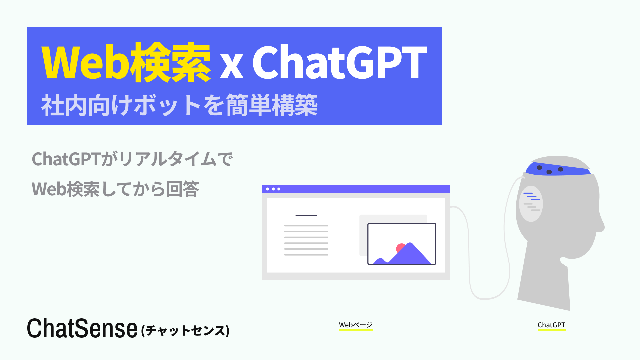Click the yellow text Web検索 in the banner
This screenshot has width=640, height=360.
pyautogui.click(x=126, y=63)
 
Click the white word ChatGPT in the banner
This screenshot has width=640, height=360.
pyautogui.click(x=339, y=63)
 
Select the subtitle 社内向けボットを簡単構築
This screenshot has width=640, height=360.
pyautogui.click(x=179, y=105)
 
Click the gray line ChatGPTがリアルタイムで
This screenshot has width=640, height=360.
pyautogui.click(x=132, y=159)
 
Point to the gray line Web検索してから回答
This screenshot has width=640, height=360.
pyautogui.click(x=115, y=189)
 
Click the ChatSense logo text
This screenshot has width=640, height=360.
pyautogui.click(x=82, y=329)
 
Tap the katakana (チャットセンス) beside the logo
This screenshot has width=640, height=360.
pyautogui.click(x=185, y=331)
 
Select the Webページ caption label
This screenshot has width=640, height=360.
pyautogui.click(x=356, y=325)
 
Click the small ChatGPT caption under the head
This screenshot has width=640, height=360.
pyautogui.click(x=551, y=325)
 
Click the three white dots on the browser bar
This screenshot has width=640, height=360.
pyautogui.click(x=273, y=189)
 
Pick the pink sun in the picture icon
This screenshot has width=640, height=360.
pyautogui.click(x=400, y=248)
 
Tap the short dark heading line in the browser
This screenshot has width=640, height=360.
pyautogui.click(x=306, y=216)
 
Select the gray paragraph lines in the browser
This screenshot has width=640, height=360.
pyautogui.click(x=306, y=240)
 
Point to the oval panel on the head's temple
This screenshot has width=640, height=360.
pyautogui.click(x=531, y=204)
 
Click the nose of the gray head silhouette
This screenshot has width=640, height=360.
pyautogui.click(x=600, y=227)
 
